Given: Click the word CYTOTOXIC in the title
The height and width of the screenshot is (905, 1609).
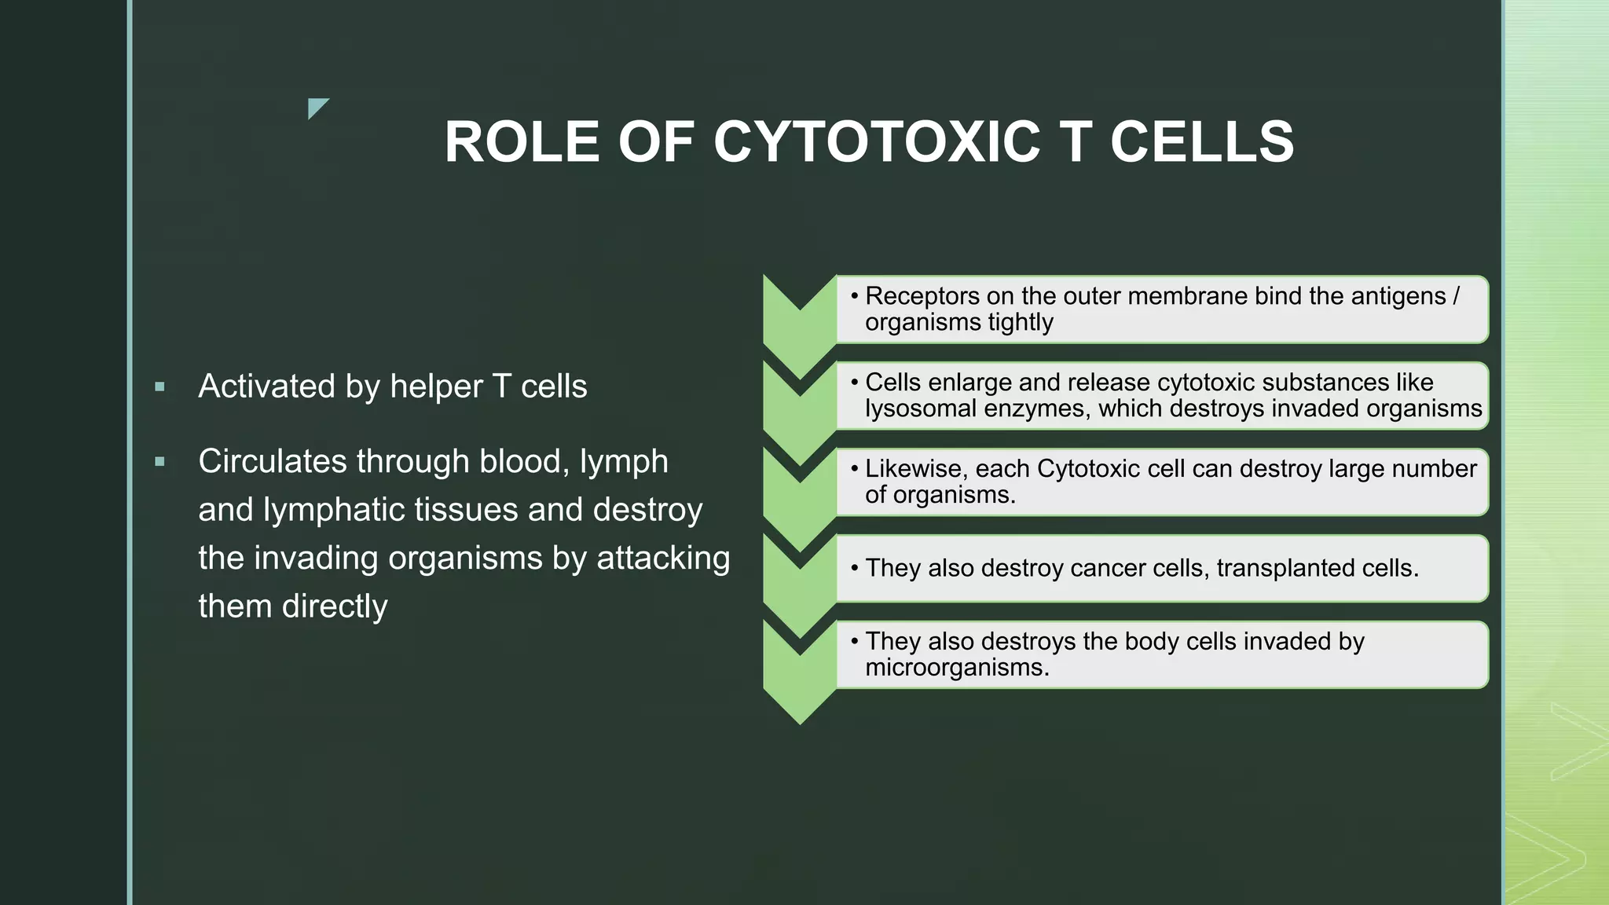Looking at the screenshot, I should pos(877,142).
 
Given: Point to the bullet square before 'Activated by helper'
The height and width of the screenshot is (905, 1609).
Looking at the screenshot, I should pos(160,387).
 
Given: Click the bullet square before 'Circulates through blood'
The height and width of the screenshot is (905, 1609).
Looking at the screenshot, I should pos(160,462).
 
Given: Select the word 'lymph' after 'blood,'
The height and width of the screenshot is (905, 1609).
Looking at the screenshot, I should pos(624,462).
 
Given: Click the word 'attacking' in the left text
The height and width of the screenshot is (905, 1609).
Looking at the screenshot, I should pos(663,558).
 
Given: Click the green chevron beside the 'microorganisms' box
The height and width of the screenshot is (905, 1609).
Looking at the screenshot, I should pos(800,668).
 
